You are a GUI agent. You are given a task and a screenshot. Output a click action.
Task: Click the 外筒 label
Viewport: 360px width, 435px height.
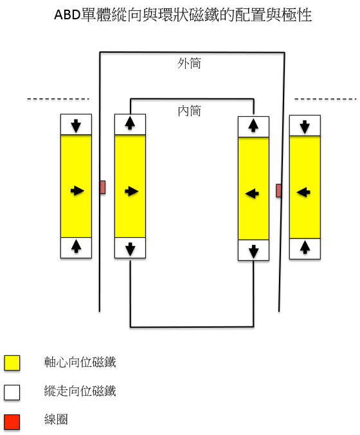pos(189,63)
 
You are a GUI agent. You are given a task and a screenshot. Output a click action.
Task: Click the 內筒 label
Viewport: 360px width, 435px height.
pos(189,111)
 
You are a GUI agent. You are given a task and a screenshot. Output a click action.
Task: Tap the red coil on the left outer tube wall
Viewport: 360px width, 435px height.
pos(102,187)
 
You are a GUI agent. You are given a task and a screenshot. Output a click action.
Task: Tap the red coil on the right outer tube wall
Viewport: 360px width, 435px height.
pos(278,191)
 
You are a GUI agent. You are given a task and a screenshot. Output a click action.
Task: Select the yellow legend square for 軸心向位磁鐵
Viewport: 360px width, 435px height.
pos(12,363)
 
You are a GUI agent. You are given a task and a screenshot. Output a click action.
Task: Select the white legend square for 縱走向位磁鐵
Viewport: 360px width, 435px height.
pos(12,393)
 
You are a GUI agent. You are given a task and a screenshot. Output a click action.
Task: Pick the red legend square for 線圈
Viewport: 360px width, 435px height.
pos(12,422)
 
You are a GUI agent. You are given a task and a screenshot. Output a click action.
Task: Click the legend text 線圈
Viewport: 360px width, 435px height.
pos(56,419)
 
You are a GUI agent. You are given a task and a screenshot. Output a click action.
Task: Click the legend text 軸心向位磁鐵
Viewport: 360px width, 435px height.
pos(80,362)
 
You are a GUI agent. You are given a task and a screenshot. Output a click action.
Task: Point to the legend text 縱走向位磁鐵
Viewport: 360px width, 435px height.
pos(80,391)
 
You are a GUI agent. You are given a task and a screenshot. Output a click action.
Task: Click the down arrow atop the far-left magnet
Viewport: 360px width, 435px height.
pos(76,126)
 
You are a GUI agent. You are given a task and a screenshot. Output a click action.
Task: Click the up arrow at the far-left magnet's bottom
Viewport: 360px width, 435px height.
pos(76,246)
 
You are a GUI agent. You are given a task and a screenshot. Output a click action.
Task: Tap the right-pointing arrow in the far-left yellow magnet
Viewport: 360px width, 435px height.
pos(77,191)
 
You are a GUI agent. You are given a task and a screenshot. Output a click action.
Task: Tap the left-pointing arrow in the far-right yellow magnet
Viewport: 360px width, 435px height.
pos(303,192)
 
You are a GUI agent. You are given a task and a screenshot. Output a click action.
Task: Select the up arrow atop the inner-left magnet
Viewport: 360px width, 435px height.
pos(130,123)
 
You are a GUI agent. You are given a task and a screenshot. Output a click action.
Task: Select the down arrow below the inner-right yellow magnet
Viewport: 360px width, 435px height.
pos(253,252)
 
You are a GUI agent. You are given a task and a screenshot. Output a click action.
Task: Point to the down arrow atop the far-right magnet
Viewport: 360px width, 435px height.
pos(305,127)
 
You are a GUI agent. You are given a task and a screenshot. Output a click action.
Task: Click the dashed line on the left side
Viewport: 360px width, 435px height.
pos(58,99)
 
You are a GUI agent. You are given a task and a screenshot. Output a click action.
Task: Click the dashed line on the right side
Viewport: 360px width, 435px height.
pos(325,99)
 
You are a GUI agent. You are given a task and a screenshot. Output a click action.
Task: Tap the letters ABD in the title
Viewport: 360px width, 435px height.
pos(67,15)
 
